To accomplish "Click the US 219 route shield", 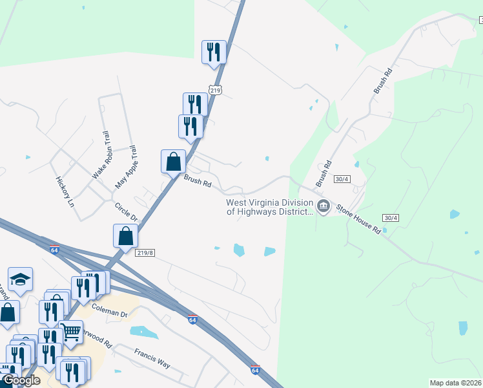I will (x=215, y=90).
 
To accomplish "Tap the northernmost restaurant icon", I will (x=214, y=52).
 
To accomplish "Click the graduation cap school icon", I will (x=20, y=279).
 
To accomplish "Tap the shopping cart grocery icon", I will (x=71, y=331).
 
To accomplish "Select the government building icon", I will (x=323, y=207).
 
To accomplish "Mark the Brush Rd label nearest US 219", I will (x=198, y=183).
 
